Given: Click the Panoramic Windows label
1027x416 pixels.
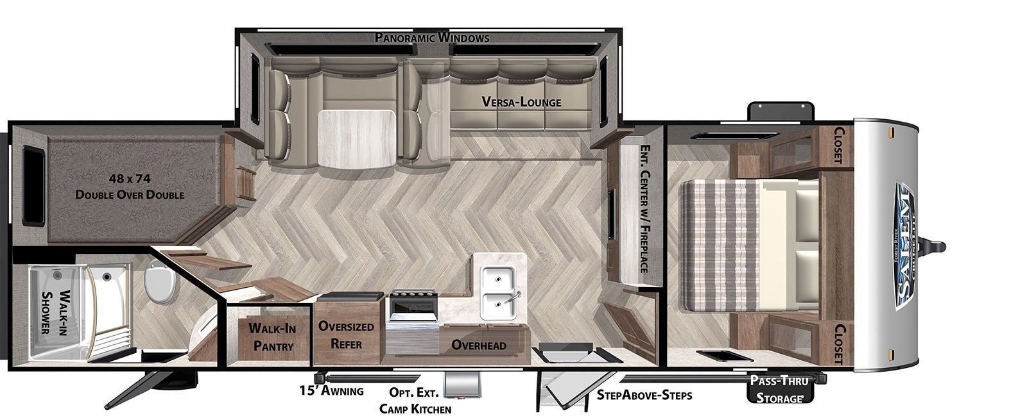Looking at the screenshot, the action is (x=432, y=38).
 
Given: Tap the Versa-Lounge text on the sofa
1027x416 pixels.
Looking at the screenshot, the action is (x=521, y=102).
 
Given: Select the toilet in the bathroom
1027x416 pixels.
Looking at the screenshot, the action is (x=160, y=283).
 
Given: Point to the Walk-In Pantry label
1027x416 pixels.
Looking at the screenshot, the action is (x=272, y=337).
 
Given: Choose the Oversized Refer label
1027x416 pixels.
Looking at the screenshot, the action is (x=346, y=335).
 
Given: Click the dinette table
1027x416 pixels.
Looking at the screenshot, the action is (x=357, y=138).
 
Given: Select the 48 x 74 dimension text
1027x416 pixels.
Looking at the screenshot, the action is (x=130, y=178).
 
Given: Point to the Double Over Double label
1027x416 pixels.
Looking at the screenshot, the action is (x=130, y=194).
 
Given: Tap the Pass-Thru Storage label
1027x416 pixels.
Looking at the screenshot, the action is (x=779, y=389).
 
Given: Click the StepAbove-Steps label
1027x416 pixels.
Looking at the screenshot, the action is (x=644, y=395).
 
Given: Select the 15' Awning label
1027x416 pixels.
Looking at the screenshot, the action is (x=331, y=390).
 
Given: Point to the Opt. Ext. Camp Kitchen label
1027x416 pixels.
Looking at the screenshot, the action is (x=415, y=401).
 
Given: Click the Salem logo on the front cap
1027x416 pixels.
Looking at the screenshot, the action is (x=904, y=247).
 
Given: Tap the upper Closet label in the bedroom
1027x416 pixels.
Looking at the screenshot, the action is (x=839, y=145).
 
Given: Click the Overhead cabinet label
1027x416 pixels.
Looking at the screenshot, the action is (x=479, y=345).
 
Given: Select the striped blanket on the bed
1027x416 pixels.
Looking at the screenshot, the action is (x=720, y=245).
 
